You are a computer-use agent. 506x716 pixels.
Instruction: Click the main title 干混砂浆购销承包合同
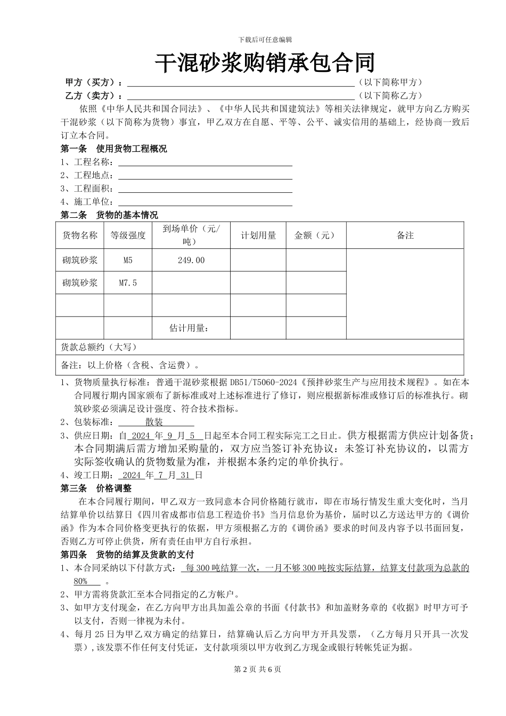pos(265,63)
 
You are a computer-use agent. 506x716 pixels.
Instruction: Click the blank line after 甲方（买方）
pos(241,83)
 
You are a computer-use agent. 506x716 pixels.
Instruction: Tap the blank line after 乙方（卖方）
pos(241,96)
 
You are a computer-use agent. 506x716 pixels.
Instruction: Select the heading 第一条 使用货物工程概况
pos(114,149)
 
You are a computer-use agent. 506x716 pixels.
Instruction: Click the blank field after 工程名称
pos(205,162)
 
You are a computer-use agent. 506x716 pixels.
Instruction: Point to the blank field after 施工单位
pos(205,202)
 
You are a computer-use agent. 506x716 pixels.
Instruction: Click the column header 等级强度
pos(128,235)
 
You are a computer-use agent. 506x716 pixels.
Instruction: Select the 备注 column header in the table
pos(405,235)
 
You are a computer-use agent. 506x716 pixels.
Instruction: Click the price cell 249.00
pos(191,261)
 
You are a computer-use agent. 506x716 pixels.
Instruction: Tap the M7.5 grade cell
pos(128,283)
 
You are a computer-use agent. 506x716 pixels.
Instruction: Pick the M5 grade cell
pos(128,261)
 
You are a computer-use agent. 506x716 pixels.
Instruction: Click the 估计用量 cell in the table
pos(189,328)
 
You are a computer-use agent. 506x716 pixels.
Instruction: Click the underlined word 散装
pos(154,422)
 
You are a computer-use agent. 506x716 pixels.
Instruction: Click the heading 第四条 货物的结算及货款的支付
pos(127,555)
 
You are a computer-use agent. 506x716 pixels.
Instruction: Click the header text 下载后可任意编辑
pos(265,39)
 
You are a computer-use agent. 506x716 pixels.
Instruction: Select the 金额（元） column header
pos(315,235)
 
